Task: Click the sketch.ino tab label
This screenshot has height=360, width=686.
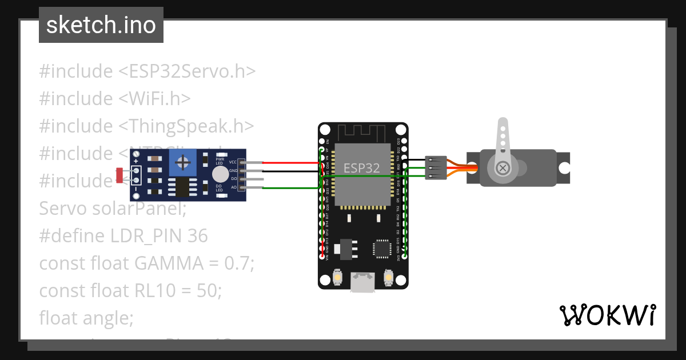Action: [x=101, y=25]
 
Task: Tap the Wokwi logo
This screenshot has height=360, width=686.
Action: [x=607, y=315]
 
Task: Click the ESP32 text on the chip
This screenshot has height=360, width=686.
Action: [x=362, y=168]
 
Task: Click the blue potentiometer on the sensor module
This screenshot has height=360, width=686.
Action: [x=183, y=163]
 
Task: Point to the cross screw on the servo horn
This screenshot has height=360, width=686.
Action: [x=503, y=168]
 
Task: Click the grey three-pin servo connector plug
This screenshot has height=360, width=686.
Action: [x=435, y=168]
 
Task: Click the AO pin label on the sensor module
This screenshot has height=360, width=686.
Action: [x=234, y=187]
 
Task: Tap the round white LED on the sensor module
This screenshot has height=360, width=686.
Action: [x=220, y=174]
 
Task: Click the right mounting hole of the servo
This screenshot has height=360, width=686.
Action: [x=564, y=168]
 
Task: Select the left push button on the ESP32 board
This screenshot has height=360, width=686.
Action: [x=338, y=278]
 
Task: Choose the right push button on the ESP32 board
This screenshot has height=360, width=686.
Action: [x=388, y=278]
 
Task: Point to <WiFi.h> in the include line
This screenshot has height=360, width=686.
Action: [x=154, y=99]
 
